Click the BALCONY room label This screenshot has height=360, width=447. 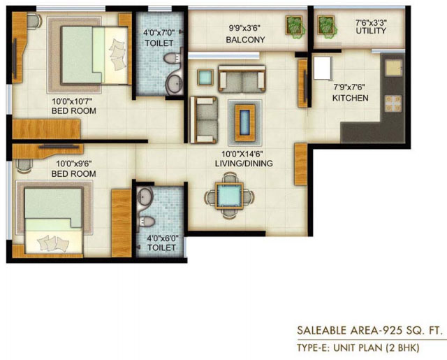pos(245,40)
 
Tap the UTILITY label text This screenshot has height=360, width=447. pos(371,31)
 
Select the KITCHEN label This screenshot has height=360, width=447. pos(351,98)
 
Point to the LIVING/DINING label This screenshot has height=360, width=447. pos(244,164)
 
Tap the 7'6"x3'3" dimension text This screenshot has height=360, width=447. pos(371,22)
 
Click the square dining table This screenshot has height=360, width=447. pos(229,196)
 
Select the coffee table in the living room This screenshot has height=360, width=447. pos(245,122)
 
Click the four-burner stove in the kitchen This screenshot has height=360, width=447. pos(393,103)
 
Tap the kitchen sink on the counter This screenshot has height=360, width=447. pos(393,68)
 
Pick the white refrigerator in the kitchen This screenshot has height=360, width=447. pos(323,68)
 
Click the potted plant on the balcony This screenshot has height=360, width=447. pos(295,26)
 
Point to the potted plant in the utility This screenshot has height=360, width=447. pos(326,25)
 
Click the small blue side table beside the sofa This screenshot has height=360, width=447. pos(205,78)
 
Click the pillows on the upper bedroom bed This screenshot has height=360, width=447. pos(117,55)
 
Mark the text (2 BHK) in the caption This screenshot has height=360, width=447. pos(402,348)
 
